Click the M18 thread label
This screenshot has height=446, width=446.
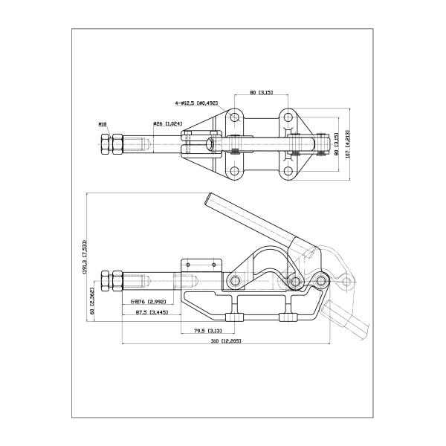pos(102,124)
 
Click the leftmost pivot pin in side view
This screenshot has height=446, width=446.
pos(235,281)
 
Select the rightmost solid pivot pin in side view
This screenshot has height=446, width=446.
pos(320,280)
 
